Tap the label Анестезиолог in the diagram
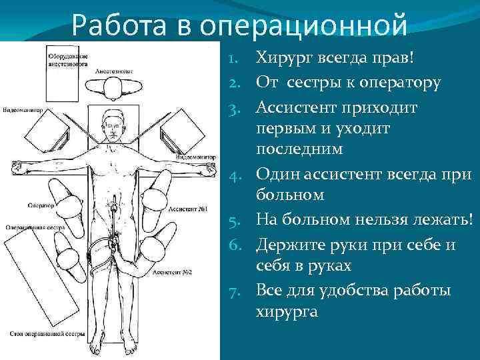click(x=114, y=70)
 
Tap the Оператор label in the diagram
click(x=40, y=207)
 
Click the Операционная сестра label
click(x=29, y=227)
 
